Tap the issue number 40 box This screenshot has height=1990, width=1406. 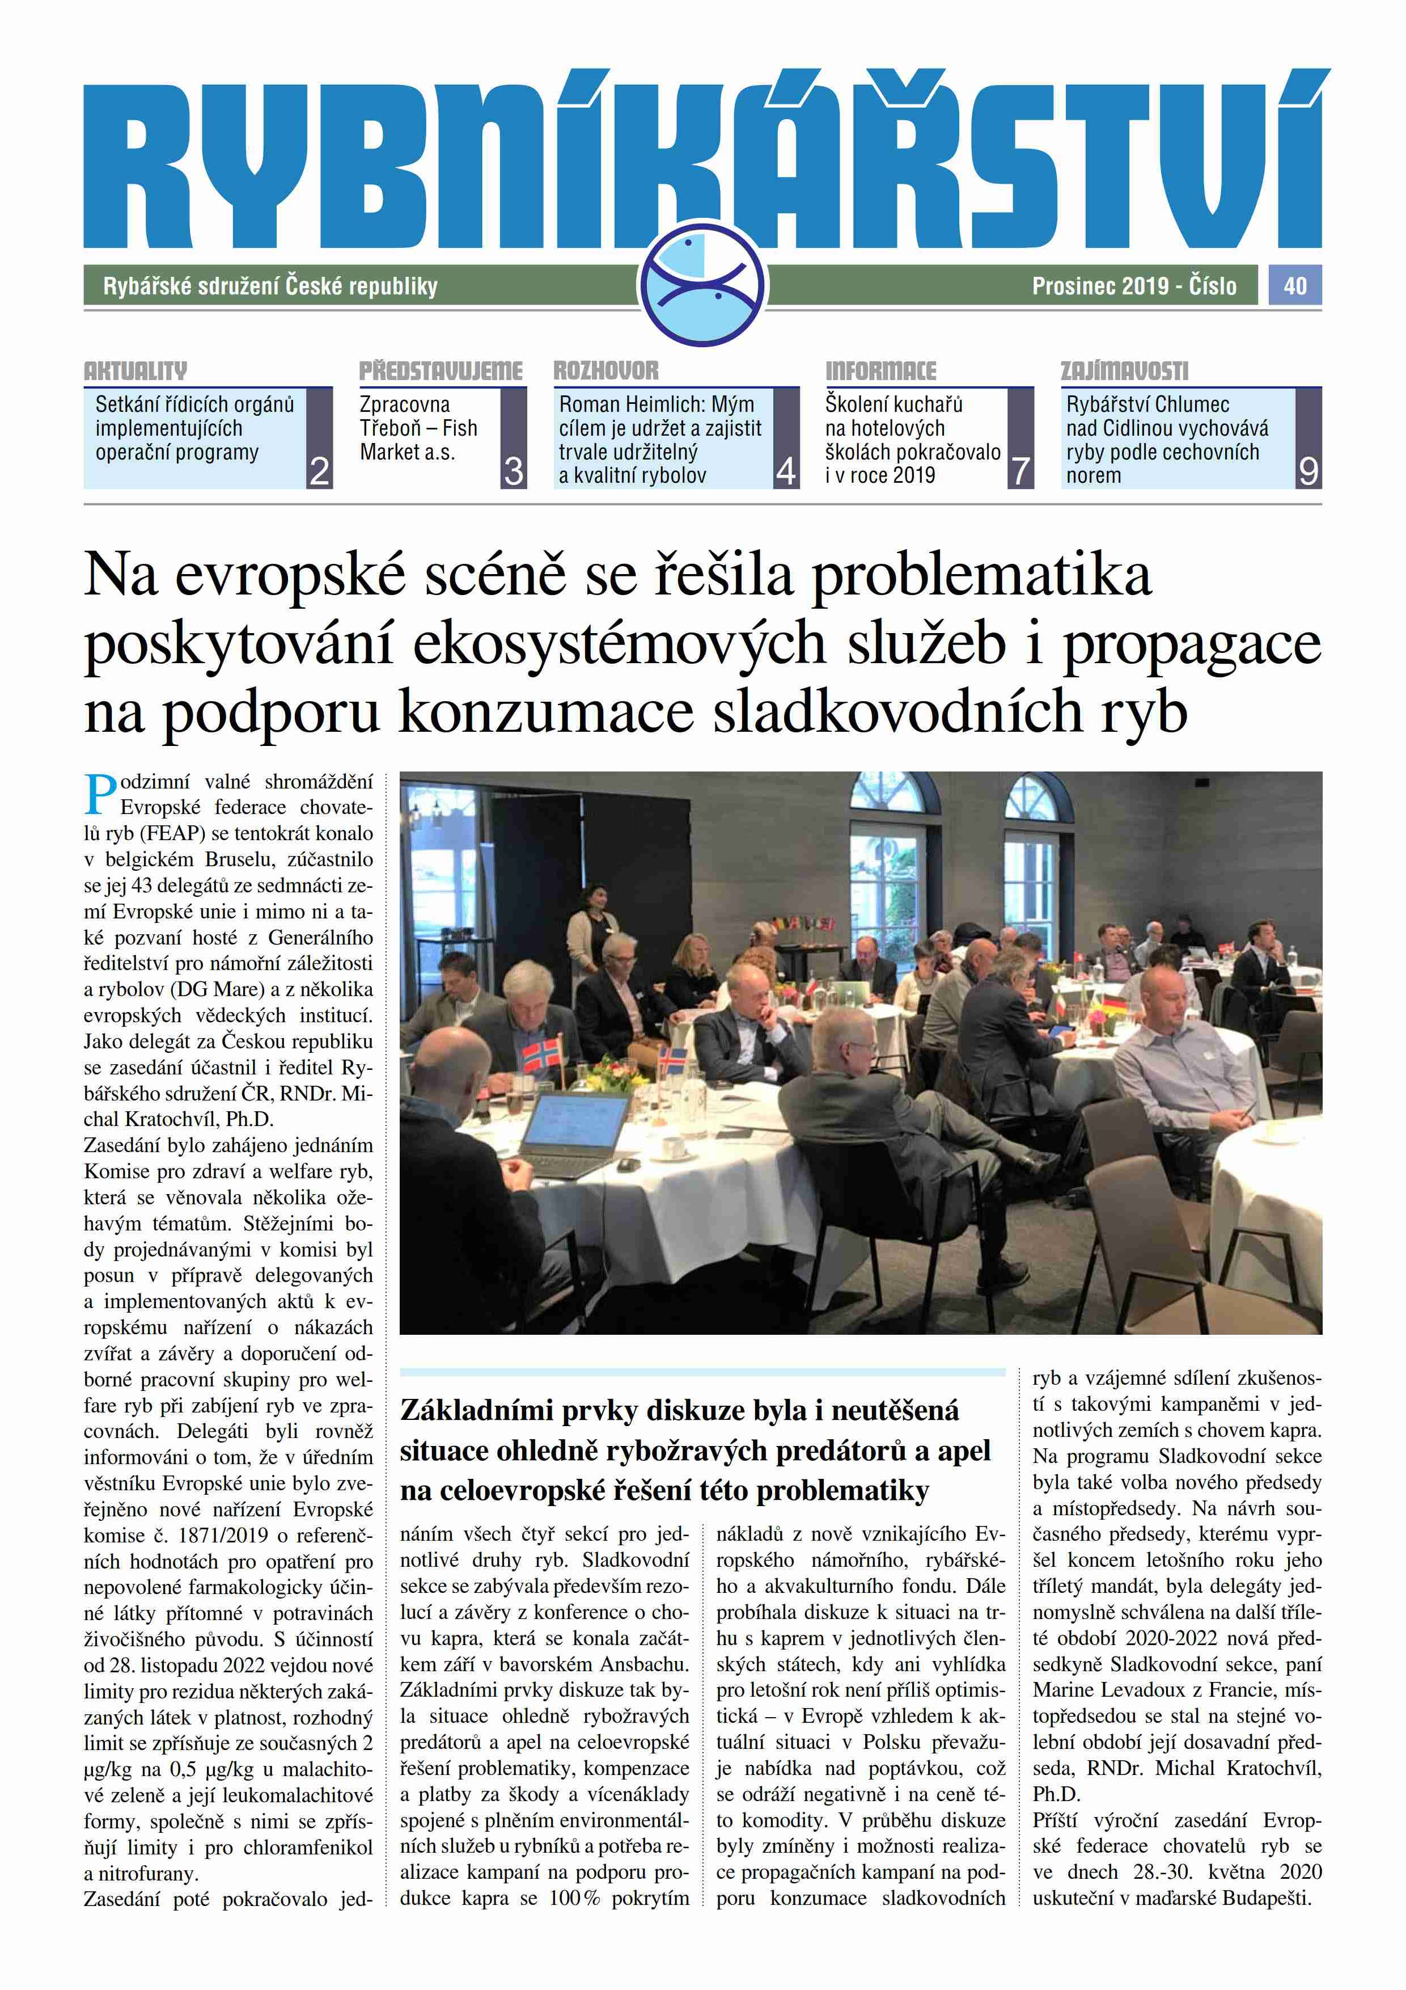pyautogui.click(x=1294, y=285)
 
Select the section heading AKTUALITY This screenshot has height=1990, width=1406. pyautogui.click(x=135, y=372)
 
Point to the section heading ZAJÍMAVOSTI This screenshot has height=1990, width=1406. pyautogui.click(x=1124, y=372)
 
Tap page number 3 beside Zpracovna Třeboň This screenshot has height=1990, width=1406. pyautogui.click(x=514, y=471)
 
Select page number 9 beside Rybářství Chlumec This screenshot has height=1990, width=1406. pyautogui.click(x=1308, y=471)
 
